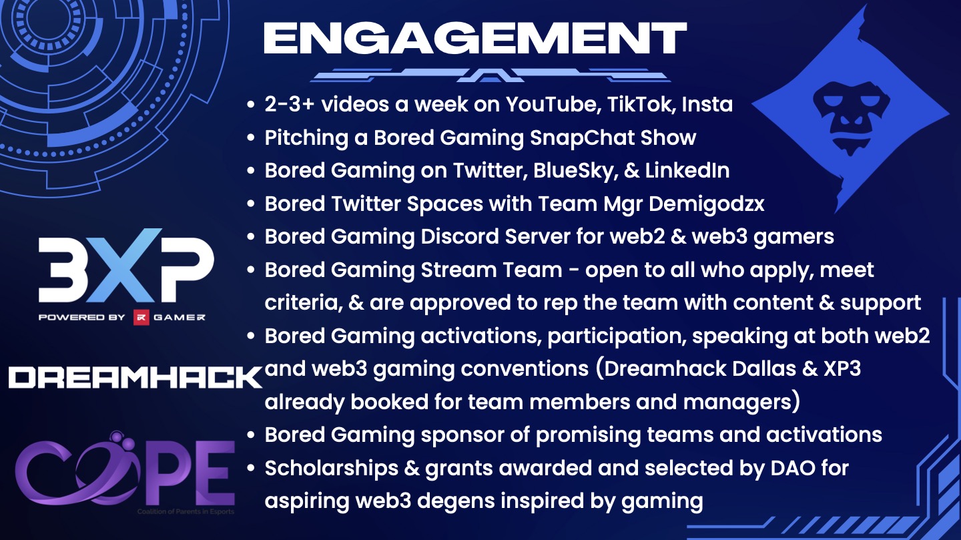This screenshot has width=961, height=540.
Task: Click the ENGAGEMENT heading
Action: pos(475,39)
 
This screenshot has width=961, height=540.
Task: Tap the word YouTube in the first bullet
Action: pos(552,104)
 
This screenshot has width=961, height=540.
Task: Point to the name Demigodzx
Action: pos(707,204)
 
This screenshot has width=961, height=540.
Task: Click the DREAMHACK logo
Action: pos(135,377)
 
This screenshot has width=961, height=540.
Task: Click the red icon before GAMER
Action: pos(141,317)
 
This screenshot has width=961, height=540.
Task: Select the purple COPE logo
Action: pos(124,472)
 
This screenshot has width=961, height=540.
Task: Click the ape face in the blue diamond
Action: pos(851,118)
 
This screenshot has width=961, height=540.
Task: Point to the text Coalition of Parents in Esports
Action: pos(186,511)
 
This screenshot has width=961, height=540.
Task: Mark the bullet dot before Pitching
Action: pos(251,138)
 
